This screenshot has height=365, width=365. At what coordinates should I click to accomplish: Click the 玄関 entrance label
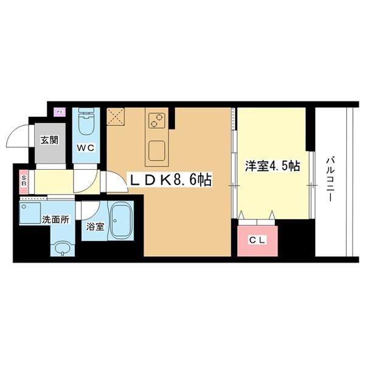pyautogui.click(x=49, y=139)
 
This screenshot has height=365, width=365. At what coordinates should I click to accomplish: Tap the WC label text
pyautogui.click(x=85, y=148)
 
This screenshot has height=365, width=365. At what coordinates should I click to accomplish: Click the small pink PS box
pyautogui.click(x=60, y=111)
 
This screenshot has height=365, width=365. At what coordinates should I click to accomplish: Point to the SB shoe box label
pyautogui.click(x=23, y=181)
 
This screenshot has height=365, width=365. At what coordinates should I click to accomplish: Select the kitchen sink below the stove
pyautogui.click(x=158, y=148)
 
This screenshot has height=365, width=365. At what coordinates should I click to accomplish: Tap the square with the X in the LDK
pyautogui.click(x=116, y=116)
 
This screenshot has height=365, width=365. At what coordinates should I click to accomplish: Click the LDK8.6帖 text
pyautogui.click(x=169, y=179)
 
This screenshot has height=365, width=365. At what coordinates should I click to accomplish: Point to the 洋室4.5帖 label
pyautogui.click(x=272, y=165)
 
